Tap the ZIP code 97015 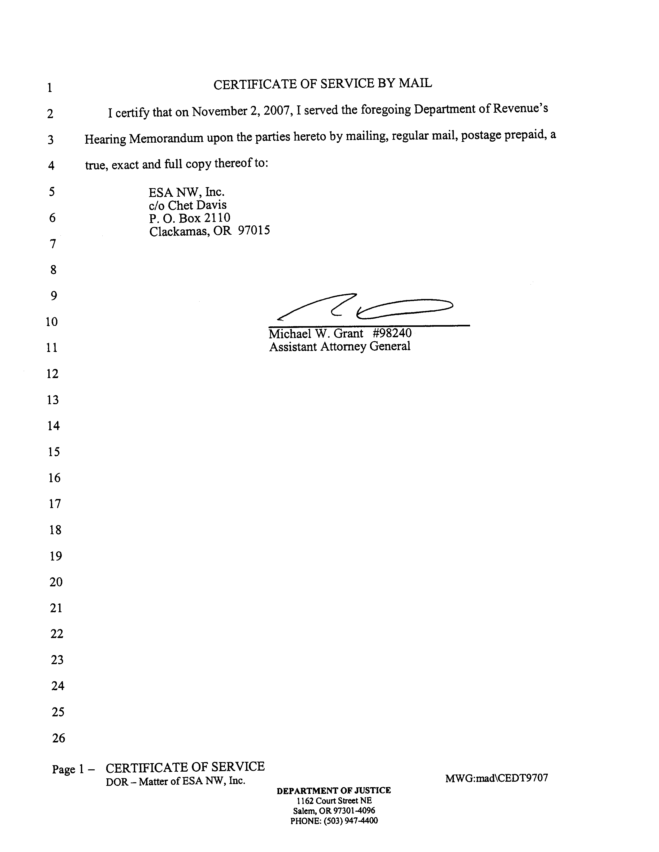point(254,231)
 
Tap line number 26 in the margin point(58,738)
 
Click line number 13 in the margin point(53,400)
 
